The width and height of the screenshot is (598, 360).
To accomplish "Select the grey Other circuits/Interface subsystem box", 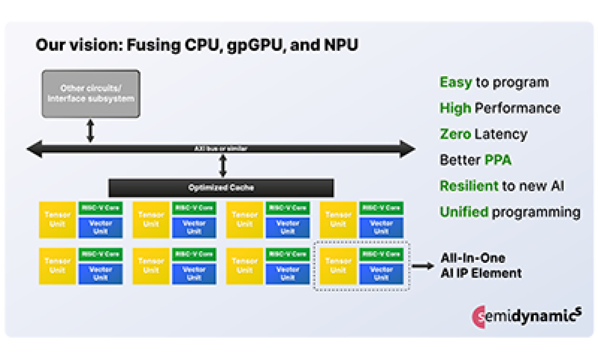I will point(91,94).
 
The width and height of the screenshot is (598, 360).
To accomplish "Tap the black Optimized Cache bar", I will point(221,188).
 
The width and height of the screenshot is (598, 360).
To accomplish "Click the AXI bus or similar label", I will point(221,149).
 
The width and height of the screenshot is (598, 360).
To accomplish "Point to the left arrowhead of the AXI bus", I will point(34,149).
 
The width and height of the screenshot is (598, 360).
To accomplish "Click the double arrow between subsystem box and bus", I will point(90,130).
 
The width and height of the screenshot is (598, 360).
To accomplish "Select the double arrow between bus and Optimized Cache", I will point(222,166).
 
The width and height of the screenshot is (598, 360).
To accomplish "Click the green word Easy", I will point(455,82).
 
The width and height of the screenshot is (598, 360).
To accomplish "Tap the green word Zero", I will point(455,134).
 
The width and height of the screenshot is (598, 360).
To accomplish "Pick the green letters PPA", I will point(498,160).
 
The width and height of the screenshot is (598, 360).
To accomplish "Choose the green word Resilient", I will point(468,186).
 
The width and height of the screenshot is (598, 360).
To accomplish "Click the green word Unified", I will point(464,212).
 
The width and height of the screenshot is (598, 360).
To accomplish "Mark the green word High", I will point(455,108).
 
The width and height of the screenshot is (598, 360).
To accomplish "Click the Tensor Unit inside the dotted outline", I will point(338,266).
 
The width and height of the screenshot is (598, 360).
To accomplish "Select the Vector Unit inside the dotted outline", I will point(381,273).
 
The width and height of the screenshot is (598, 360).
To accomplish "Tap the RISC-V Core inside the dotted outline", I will point(381,254).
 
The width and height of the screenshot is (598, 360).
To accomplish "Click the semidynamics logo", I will point(526,316).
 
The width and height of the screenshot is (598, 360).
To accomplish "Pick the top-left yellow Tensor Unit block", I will point(58,220).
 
